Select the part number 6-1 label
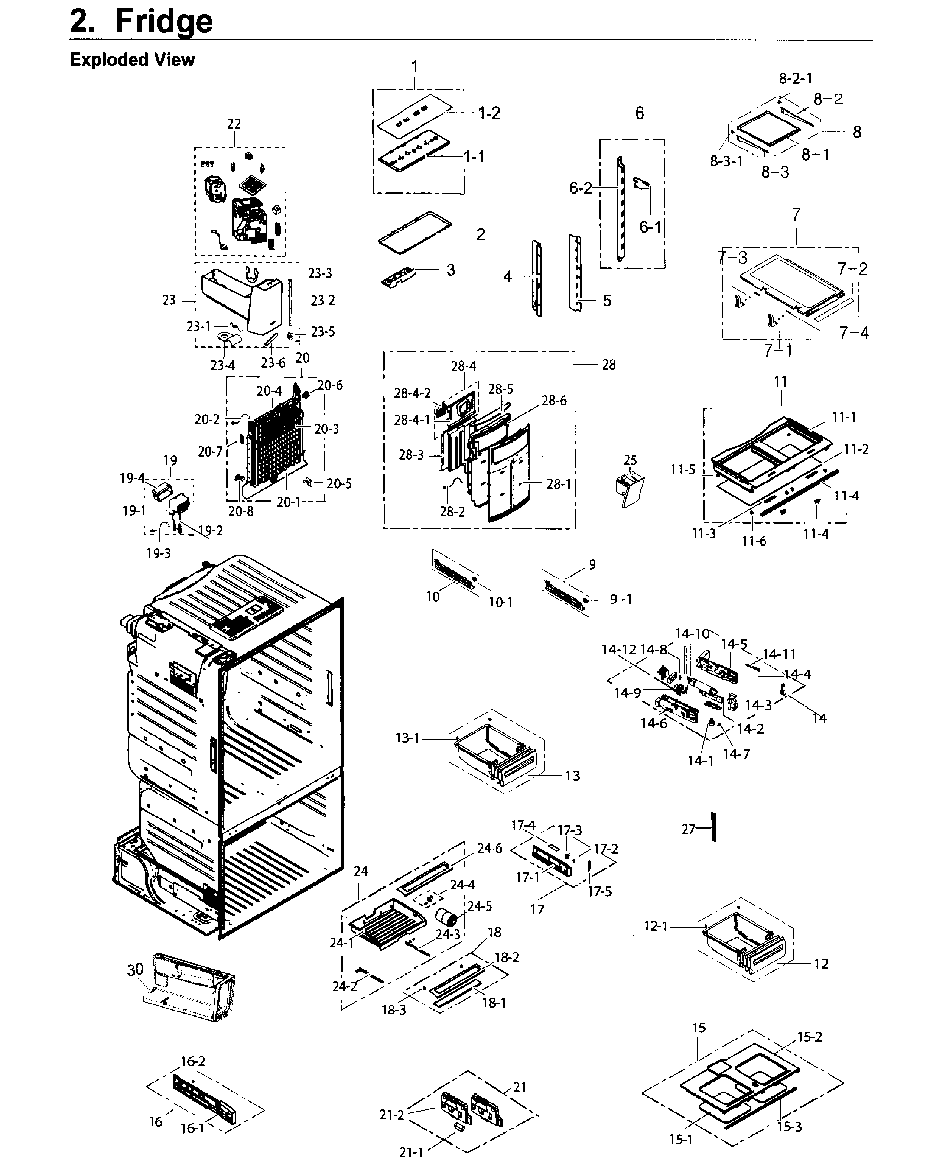click(x=650, y=227)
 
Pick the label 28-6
click(x=554, y=401)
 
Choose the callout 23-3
click(x=320, y=273)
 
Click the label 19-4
click(x=132, y=478)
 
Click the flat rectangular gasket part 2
click(x=415, y=233)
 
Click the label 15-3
click(x=789, y=1127)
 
